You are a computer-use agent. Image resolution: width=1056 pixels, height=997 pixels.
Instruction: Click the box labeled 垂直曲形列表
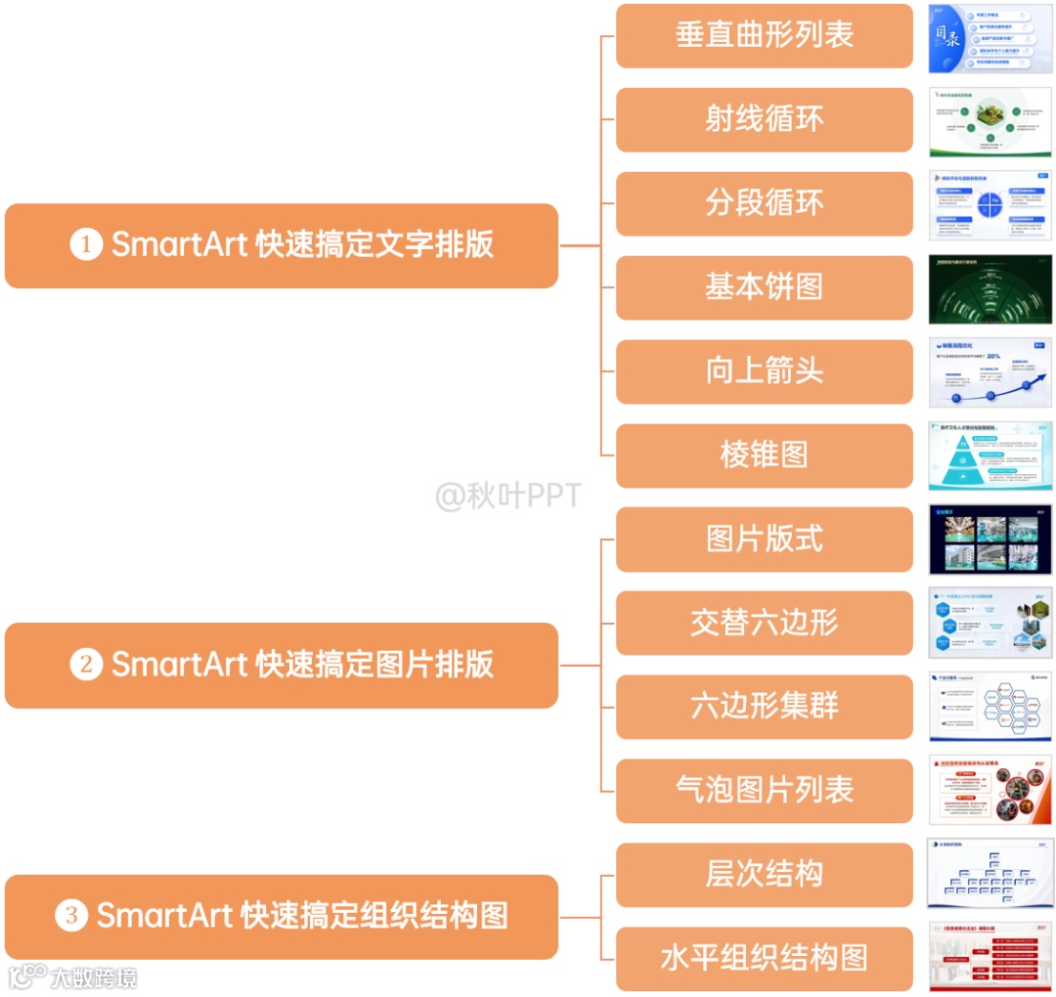click(x=765, y=36)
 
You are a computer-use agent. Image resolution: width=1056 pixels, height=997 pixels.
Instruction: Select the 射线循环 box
click(x=765, y=120)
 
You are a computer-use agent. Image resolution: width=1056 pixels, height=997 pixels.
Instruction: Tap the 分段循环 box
click(x=765, y=204)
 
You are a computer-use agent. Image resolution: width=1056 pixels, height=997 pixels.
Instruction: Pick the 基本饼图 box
click(x=765, y=287)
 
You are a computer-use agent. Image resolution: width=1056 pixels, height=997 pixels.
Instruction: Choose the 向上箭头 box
click(x=765, y=371)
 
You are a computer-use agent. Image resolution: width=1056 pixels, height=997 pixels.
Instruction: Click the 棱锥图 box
click(x=765, y=455)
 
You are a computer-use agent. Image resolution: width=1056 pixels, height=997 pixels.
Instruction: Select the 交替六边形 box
click(x=765, y=624)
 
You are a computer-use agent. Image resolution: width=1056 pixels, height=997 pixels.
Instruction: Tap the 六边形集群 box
click(x=765, y=707)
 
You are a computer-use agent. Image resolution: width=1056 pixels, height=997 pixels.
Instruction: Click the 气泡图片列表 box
click(x=765, y=791)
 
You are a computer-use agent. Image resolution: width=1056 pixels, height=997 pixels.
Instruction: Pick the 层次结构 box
click(x=765, y=875)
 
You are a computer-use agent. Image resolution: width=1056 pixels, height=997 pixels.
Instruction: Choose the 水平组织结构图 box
click(x=765, y=959)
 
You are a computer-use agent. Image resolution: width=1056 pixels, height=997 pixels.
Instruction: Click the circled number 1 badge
click(x=86, y=244)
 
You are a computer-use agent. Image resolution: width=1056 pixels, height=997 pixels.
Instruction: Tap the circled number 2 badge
click(x=86, y=665)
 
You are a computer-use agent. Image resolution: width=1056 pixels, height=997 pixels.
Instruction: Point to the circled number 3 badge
click(x=71, y=916)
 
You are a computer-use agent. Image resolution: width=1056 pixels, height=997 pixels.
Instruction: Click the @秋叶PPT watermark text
click(x=507, y=497)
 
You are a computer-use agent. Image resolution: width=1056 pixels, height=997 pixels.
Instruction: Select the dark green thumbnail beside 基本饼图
click(x=990, y=289)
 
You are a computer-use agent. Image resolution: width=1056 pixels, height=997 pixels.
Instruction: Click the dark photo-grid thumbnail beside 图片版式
click(x=990, y=540)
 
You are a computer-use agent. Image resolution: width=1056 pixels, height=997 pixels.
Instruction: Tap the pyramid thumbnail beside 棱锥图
click(x=990, y=455)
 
